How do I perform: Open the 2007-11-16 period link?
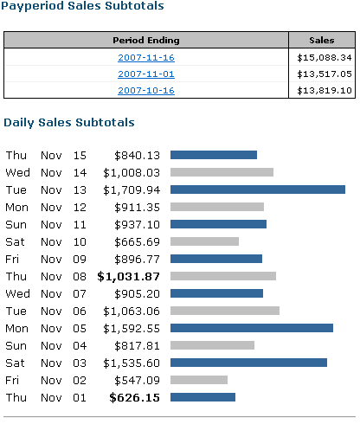click(x=146, y=58)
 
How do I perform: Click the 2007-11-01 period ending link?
click(x=146, y=74)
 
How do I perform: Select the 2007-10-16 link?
click(x=146, y=91)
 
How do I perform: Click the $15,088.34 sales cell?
click(x=325, y=58)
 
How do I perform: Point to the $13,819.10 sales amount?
click(x=325, y=91)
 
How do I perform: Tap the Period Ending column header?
click(x=146, y=41)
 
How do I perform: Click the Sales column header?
click(x=322, y=41)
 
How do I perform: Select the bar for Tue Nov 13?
click(x=258, y=190)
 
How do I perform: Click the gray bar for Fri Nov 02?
click(x=199, y=380)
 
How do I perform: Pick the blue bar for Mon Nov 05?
click(x=252, y=328)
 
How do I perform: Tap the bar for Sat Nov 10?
click(x=204, y=241)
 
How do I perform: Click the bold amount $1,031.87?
click(x=128, y=277)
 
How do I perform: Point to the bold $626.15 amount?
click(x=134, y=398)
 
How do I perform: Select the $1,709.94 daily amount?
click(x=132, y=190)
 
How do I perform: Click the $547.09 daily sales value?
click(x=137, y=381)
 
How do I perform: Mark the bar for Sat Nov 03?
click(x=248, y=363)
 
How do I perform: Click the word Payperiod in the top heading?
click(x=32, y=6)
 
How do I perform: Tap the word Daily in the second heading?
click(x=19, y=123)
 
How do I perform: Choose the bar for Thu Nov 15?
click(x=214, y=155)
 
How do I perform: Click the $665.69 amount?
click(x=137, y=242)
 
